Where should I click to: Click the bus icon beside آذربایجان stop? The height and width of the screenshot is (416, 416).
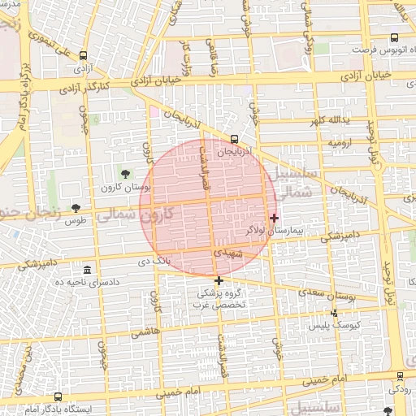[235, 139]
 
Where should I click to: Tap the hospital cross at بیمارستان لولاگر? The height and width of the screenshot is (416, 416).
[275, 218]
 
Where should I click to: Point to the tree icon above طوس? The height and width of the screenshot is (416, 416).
[76, 208]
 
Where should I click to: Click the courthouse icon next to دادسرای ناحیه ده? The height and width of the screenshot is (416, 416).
[87, 270]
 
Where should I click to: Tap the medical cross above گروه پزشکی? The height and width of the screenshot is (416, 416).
[219, 280]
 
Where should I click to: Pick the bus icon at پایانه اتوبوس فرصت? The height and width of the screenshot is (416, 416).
[394, 37]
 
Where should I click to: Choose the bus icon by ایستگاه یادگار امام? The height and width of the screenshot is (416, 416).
[58, 396]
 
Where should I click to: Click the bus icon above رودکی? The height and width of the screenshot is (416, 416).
[401, 376]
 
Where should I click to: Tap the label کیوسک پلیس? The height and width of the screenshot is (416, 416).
[330, 325]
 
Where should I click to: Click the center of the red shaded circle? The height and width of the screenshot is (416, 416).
[206, 207]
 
